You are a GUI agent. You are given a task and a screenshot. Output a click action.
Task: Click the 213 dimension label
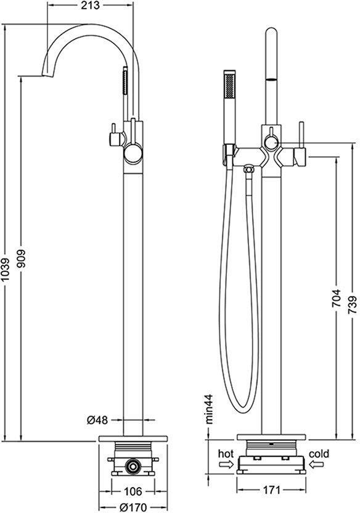click(x=90, y=6)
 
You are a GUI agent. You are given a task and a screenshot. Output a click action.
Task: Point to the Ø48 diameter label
click(x=97, y=420)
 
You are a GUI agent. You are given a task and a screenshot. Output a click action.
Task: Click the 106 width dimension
click(x=133, y=491)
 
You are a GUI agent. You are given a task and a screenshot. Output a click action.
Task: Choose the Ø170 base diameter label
click(x=133, y=507)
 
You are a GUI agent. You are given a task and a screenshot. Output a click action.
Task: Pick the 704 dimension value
click(x=336, y=298)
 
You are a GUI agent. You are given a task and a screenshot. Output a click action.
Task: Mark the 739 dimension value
click(x=353, y=305)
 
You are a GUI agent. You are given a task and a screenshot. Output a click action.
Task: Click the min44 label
click(x=209, y=409)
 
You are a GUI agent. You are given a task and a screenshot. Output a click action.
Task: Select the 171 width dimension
click(x=271, y=490)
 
